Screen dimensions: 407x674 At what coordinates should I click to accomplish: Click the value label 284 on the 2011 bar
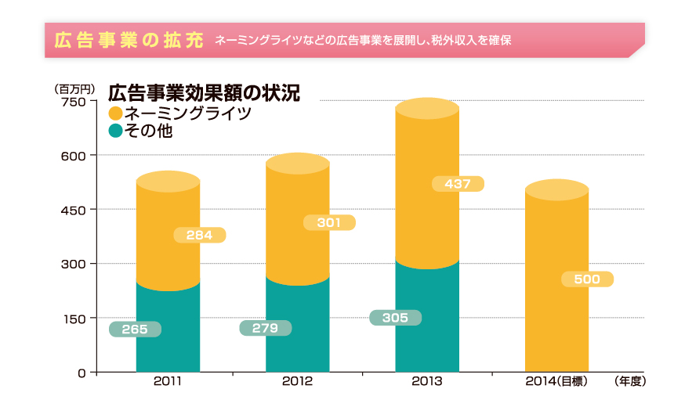tap(199, 235)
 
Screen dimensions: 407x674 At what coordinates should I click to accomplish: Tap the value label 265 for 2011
tap(135, 330)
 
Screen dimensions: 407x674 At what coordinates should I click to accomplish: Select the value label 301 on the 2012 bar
tap(329, 223)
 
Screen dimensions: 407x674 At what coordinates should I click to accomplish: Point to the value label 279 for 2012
tap(265, 328)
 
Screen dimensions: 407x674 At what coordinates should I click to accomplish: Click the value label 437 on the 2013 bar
tap(458, 184)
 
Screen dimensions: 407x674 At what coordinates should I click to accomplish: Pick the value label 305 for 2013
tap(395, 318)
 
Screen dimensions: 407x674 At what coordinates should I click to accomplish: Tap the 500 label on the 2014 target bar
tap(587, 279)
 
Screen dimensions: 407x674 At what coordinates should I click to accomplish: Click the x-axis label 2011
tap(168, 382)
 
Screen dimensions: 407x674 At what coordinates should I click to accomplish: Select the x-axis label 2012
tap(297, 382)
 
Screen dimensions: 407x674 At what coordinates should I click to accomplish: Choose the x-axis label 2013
tap(427, 382)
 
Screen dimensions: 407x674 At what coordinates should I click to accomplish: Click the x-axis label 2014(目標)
tap(556, 382)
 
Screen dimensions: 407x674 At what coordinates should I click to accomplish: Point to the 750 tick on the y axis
tap(72, 101)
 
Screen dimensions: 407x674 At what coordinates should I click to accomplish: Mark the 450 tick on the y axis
tap(72, 210)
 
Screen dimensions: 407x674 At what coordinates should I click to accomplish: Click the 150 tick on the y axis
tap(72, 319)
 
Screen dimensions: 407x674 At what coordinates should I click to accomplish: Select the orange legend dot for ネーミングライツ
tap(116, 114)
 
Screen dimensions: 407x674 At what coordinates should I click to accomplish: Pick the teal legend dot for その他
tap(116, 131)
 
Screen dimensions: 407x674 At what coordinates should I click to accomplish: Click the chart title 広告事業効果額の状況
tap(204, 93)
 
